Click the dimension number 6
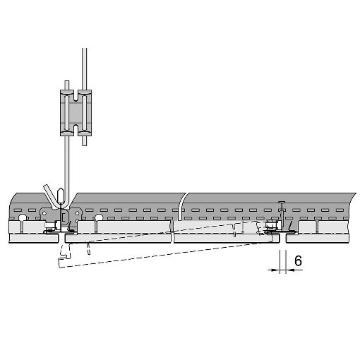(x=298, y=260)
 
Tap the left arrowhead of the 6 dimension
(x=276, y=270)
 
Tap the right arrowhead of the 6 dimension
(x=290, y=270)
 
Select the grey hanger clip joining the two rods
(x=76, y=113)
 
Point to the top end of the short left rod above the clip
(x=67, y=81)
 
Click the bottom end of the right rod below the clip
(x=84, y=145)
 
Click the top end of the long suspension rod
(x=84, y=49)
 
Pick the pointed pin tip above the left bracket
(x=61, y=189)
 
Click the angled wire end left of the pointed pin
(x=46, y=186)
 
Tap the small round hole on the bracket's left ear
(x=44, y=213)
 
